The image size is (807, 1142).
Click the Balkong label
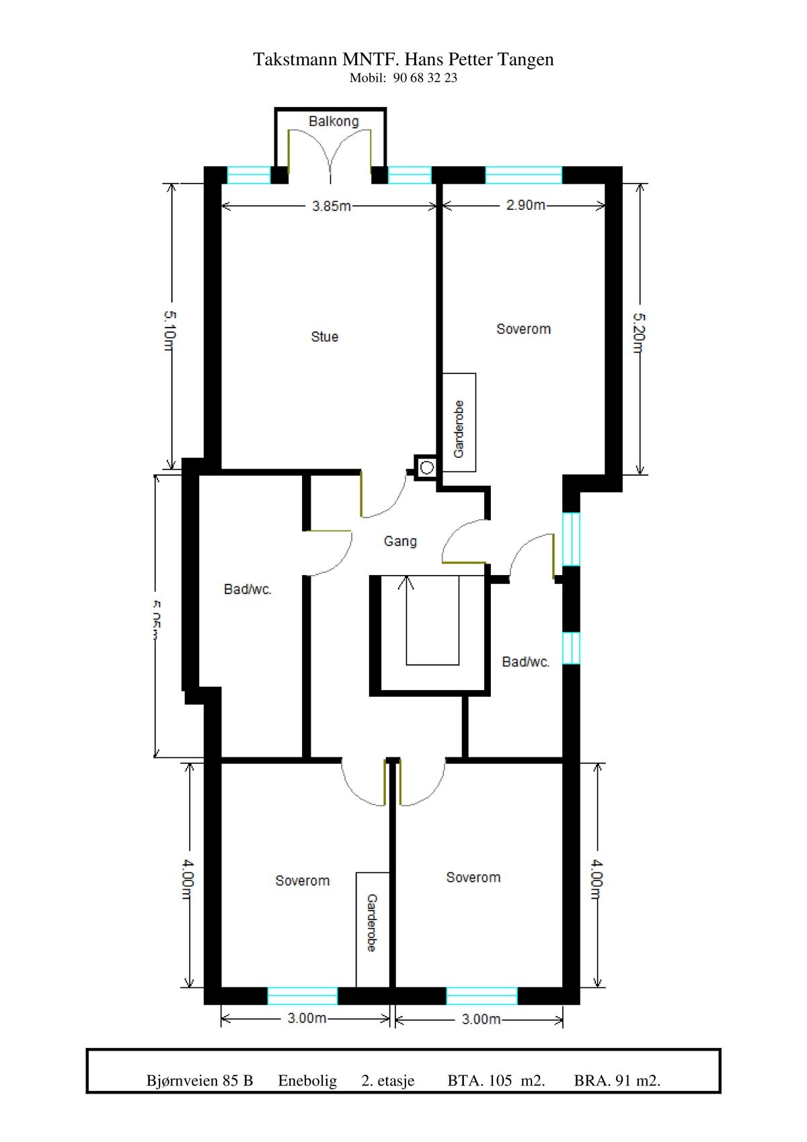point(334,121)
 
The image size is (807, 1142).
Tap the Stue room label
point(324,336)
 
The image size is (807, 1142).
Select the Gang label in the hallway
point(400,541)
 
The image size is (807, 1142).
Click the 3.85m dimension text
point(331,206)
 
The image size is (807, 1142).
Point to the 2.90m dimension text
point(525,204)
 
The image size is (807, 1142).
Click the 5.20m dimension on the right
point(638,332)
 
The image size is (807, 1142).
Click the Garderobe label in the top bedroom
point(459,429)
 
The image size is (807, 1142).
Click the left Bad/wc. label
point(247,590)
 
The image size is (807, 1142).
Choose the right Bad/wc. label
point(526,662)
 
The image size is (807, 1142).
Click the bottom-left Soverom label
point(303,880)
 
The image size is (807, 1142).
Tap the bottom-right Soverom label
point(473,877)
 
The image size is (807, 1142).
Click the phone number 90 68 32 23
point(425,78)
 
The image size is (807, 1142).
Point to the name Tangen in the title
point(526,60)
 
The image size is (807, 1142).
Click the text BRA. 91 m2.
point(617,1080)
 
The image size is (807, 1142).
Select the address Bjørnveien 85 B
point(200,1080)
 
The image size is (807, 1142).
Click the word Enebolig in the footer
point(307,1080)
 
